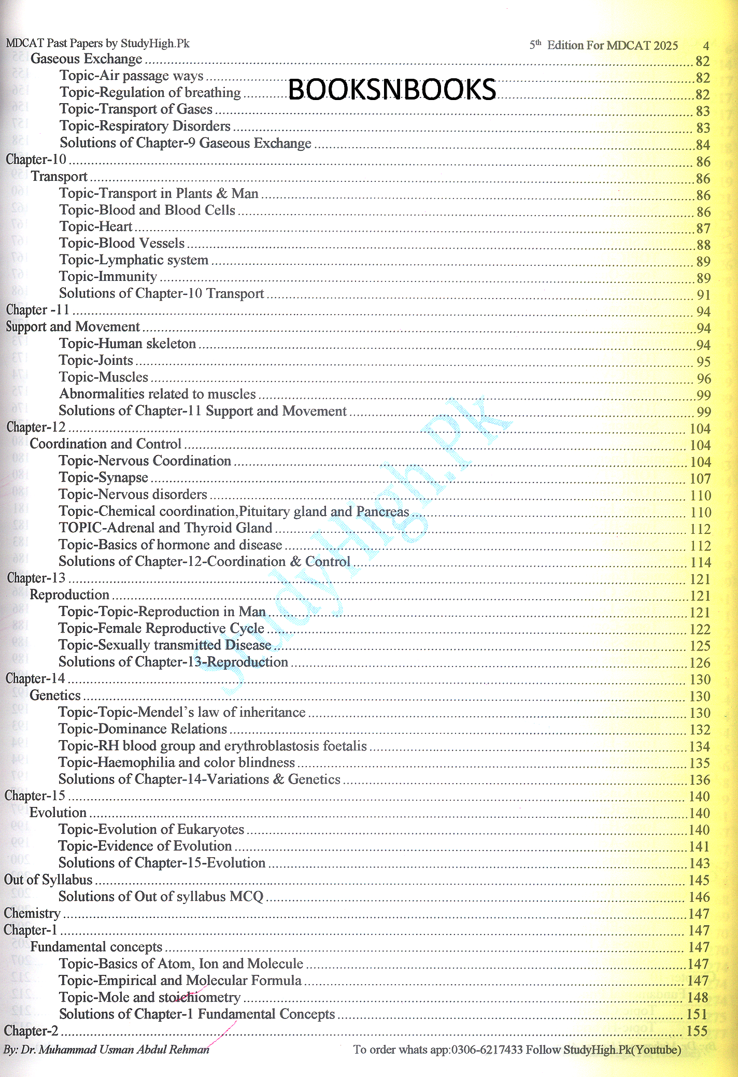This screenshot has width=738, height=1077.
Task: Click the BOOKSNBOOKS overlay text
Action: click(x=392, y=90)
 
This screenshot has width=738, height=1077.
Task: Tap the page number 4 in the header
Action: click(x=706, y=46)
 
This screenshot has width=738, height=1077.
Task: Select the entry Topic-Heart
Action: click(x=96, y=226)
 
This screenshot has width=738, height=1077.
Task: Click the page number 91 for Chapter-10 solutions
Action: click(x=703, y=295)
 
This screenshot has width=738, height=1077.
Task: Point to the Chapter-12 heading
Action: click(x=36, y=427)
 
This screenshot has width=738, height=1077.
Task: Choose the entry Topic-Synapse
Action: click(x=103, y=477)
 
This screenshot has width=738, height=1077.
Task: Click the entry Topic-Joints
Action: click(x=96, y=360)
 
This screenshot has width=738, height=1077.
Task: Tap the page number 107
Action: click(x=700, y=478)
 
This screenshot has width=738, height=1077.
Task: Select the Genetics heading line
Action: click(x=55, y=696)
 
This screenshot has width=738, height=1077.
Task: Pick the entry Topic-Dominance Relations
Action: click(x=143, y=729)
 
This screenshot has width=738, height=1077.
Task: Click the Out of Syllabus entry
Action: click(x=48, y=880)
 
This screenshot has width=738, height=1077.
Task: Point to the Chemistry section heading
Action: click(x=32, y=913)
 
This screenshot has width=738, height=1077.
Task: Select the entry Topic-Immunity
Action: click(x=108, y=277)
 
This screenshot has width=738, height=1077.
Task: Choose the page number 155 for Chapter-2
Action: click(x=697, y=1031)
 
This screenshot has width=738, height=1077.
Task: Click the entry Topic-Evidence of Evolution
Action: click(x=145, y=846)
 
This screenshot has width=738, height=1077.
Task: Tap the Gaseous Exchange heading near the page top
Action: click(x=86, y=59)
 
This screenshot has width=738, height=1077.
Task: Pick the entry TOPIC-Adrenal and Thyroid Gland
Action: click(x=165, y=528)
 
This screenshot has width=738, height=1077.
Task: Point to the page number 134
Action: click(x=700, y=746)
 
